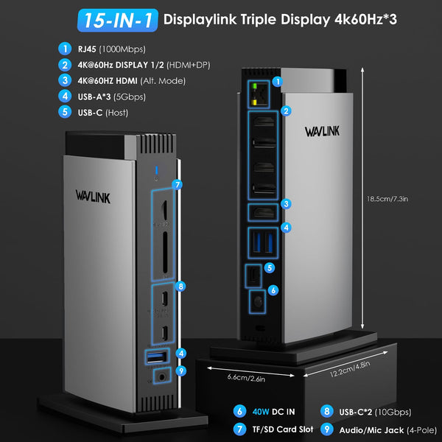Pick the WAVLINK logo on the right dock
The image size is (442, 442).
click(324, 132)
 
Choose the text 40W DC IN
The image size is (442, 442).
click(278, 411)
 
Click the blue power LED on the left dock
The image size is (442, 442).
click(156, 175)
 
